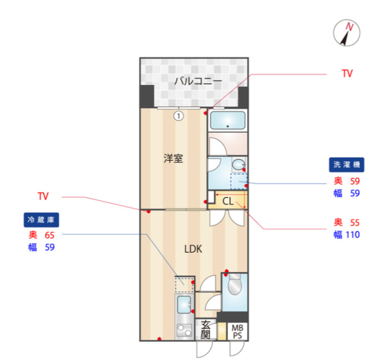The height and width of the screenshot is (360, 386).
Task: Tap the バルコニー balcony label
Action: pos(197,81)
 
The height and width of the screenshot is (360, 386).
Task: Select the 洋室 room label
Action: pos(173,158)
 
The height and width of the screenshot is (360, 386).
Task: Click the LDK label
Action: pos(193,249)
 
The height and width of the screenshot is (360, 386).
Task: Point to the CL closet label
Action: pos(228,201)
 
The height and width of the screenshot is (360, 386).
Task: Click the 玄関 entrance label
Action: pos(205,329)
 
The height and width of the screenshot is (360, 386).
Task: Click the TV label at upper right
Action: pos(347,74)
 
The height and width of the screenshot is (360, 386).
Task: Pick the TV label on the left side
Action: pos(43,196)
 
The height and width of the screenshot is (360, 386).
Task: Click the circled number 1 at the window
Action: pos(178,116)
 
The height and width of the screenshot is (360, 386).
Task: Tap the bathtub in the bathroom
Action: pos(228,121)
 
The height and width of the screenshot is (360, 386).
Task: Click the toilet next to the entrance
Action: pos(234,286)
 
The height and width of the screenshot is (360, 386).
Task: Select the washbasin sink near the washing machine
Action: pos(239,165)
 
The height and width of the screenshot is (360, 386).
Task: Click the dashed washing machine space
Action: pos(239,181)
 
